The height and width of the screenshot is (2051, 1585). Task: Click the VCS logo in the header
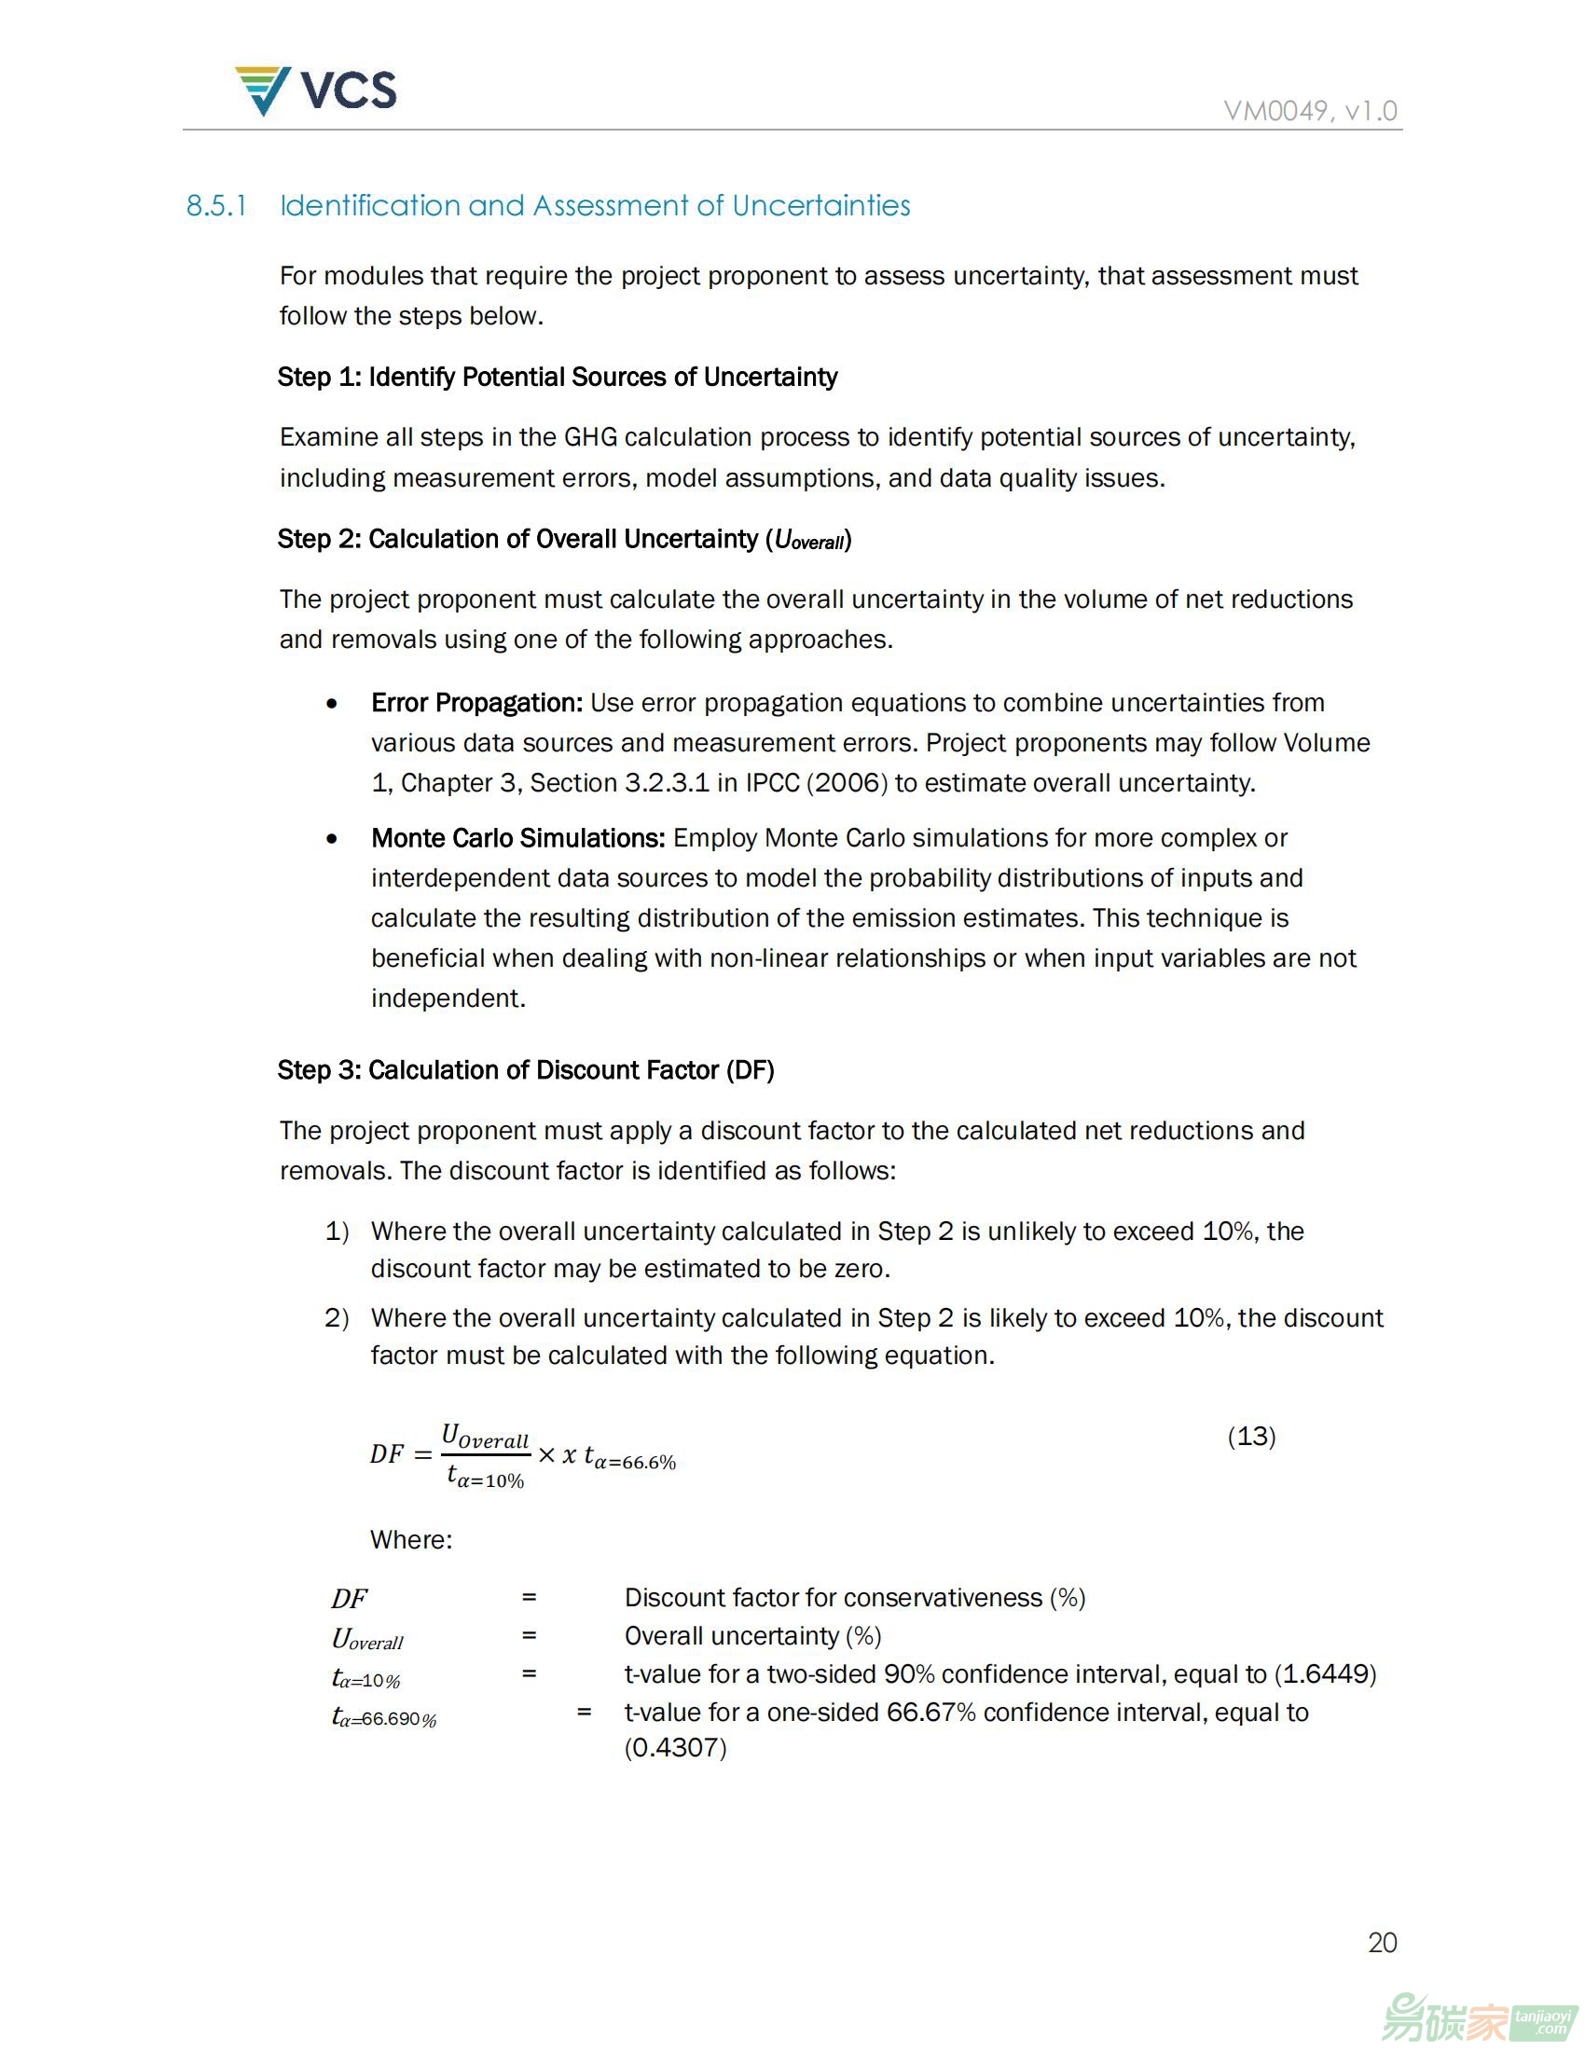pos(315,90)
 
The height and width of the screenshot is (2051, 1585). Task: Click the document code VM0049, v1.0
pos(1310,111)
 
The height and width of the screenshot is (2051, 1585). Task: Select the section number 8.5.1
pos(216,206)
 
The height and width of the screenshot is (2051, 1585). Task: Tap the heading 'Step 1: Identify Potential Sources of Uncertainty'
pos(557,378)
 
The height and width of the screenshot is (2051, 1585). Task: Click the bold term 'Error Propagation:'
pos(477,702)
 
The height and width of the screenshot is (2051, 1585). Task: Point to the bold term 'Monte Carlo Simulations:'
pos(518,838)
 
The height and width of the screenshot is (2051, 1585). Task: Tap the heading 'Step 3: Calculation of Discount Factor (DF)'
pos(526,1070)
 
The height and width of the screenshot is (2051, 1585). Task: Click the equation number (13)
pos(1250,1436)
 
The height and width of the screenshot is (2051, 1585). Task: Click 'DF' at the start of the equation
pos(386,1454)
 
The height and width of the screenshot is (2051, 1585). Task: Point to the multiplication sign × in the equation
pos(546,1454)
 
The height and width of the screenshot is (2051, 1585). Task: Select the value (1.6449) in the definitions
pos(1325,1674)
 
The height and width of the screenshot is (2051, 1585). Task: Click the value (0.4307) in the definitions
pos(675,1748)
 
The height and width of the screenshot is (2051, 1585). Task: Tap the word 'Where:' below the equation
pos(410,1540)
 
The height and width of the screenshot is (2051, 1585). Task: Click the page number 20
pos(1382,1943)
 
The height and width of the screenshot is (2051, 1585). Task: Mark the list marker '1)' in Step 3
pos(338,1232)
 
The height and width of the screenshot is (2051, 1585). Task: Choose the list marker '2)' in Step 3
pos(338,1318)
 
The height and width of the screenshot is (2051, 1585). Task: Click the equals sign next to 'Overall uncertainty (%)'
pos(530,1636)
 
